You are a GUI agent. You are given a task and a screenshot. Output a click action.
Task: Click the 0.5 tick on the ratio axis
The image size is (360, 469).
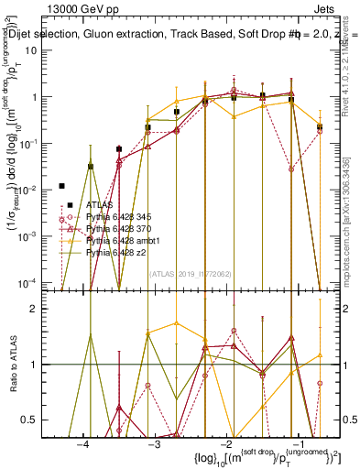click(x=39, y=420)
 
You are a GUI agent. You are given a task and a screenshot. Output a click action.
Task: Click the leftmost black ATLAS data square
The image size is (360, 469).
click(x=61, y=186)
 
